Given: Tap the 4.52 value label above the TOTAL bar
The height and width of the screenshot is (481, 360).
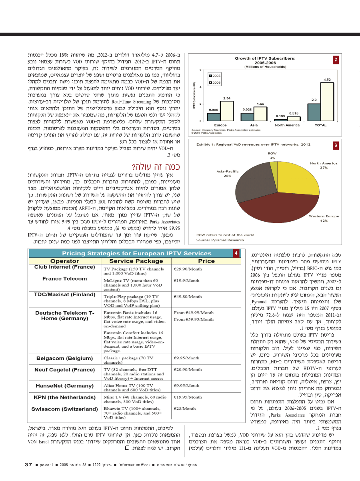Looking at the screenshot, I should point(327,79).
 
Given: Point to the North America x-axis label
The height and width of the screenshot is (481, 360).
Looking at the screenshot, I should point(287,125).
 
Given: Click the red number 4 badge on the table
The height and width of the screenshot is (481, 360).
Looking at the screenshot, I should point(236,253).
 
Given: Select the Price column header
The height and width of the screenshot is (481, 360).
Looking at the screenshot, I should point(206,261).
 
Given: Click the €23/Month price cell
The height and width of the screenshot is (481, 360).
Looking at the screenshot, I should point(185,409).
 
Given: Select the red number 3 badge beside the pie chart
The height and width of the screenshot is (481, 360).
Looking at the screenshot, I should point(336,145).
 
